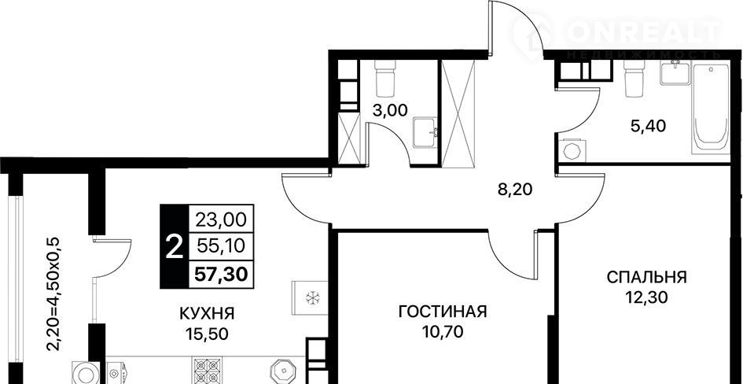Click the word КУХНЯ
click(208, 313)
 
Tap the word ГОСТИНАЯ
click(443, 312)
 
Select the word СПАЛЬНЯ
click(646, 277)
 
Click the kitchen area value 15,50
click(207, 334)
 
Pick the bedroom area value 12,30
click(646, 297)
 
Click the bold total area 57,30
click(222, 274)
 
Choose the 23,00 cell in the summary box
click(221, 220)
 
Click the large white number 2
click(174, 247)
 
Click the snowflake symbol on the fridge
click(311, 298)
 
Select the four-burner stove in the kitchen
click(207, 370)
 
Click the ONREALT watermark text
click(646, 32)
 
